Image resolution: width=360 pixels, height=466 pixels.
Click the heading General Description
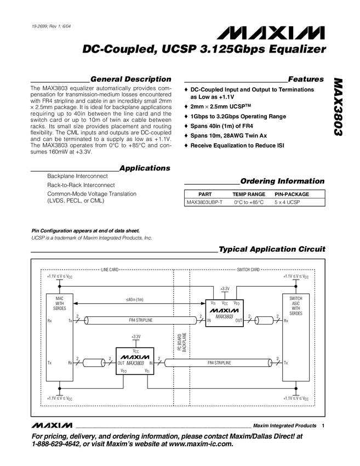130,79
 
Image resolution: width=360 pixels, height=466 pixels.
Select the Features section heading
305,79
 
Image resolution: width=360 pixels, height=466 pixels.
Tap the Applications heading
144,168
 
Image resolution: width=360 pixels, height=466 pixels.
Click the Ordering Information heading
282,181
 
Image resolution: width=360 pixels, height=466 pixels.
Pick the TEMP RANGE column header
249,194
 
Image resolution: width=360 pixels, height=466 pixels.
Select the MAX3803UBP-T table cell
204,202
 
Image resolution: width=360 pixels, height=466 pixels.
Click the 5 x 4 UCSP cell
291,202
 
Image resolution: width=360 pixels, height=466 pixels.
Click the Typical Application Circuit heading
272,249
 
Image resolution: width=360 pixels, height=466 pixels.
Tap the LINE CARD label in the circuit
110,270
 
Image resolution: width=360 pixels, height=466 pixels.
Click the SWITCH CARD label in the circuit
248,270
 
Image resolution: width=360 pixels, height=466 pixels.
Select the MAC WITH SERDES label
60,303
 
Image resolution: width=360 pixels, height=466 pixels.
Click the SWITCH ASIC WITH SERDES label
295,305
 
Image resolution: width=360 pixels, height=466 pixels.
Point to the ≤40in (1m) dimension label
134,299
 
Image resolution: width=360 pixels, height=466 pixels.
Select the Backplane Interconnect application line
77,177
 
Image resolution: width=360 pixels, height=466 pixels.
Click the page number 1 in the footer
324,426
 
